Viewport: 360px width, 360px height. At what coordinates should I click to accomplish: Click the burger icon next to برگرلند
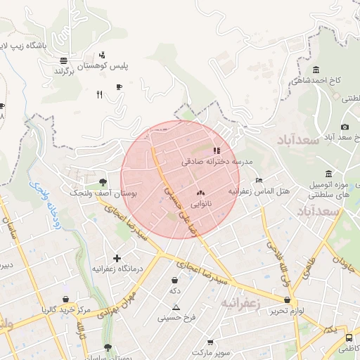click(x=64, y=60)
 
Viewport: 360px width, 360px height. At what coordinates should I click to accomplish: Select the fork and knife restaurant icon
click(x=99, y=94)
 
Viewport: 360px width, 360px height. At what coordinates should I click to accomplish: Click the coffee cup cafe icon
click(x=119, y=86)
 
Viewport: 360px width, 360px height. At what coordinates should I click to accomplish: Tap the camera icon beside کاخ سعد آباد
click(x=345, y=127)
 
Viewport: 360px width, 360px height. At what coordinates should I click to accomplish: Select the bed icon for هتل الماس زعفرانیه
click(x=259, y=180)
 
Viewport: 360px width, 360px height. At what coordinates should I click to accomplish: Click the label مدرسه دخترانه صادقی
click(x=211, y=161)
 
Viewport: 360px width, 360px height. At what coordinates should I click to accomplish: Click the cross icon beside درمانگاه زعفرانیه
click(x=117, y=258)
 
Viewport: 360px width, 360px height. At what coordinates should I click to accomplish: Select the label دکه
click(x=174, y=290)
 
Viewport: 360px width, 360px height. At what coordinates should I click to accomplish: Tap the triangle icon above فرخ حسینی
click(x=176, y=307)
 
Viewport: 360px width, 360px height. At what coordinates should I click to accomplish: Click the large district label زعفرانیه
click(x=241, y=303)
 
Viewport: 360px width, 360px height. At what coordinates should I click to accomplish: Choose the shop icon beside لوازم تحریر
click(x=287, y=300)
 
